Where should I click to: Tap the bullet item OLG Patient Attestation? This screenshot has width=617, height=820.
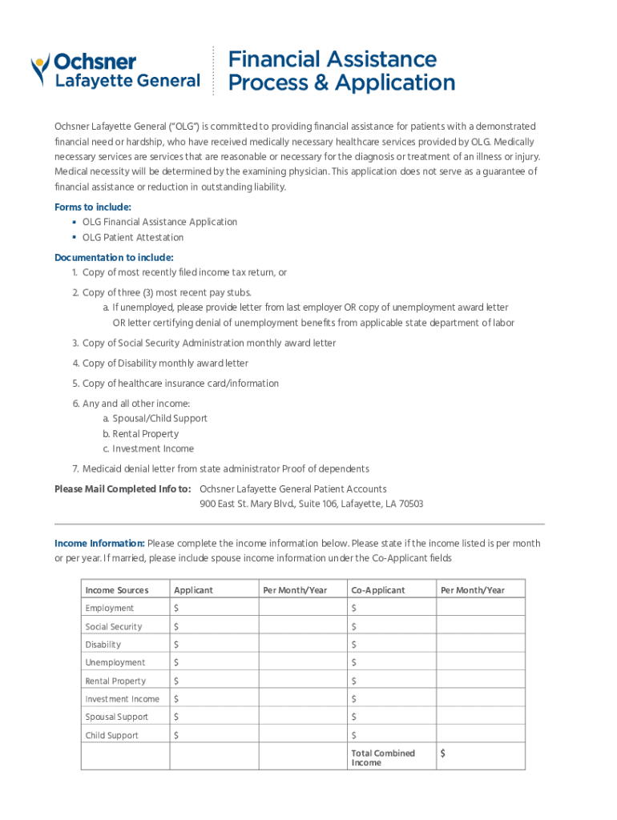[x=133, y=238]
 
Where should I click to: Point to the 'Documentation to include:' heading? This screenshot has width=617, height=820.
[x=114, y=258]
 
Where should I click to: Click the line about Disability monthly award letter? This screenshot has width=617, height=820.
[x=165, y=364]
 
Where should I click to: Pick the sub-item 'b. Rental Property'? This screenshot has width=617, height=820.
[x=140, y=434]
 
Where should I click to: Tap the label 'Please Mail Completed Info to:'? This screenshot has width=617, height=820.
[x=122, y=489]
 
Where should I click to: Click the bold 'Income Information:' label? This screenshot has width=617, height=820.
[x=99, y=544]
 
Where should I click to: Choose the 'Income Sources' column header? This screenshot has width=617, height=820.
[x=117, y=591]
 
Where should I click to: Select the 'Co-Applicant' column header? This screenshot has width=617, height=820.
[x=378, y=591]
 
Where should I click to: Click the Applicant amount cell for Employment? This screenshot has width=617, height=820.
[x=213, y=609]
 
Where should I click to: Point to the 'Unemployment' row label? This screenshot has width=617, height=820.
[x=115, y=663]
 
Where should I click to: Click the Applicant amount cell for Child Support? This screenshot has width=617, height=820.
[x=213, y=736]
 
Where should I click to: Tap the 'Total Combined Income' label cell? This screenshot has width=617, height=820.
[x=383, y=758]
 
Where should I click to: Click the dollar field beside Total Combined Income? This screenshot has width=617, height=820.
[x=480, y=754]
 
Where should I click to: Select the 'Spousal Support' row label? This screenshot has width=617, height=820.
[x=117, y=717]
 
